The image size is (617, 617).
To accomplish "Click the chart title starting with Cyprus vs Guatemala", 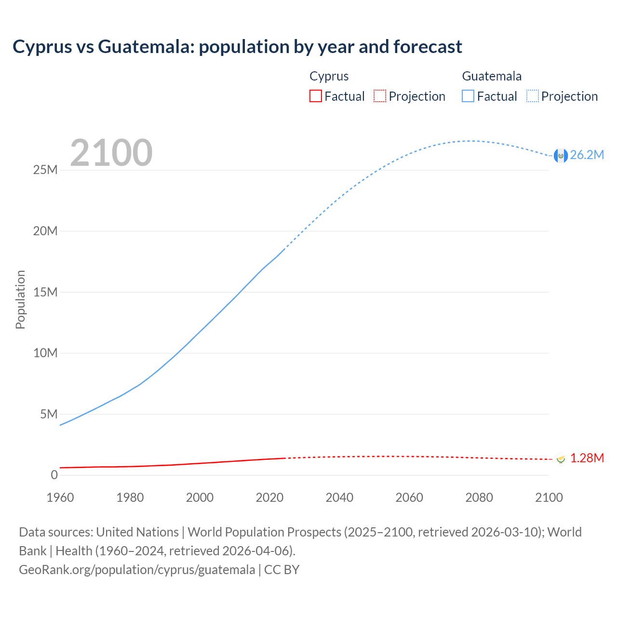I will coord(237,47).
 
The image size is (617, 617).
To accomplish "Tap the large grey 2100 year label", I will coord(111,153).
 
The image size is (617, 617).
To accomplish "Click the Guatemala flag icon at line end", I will coord(561,155).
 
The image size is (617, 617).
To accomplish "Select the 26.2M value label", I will coord(587,155).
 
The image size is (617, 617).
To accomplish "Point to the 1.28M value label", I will coord(587,458).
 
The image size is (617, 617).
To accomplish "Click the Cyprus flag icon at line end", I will coord(561,458).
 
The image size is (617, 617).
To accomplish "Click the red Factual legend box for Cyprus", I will coord(316,96).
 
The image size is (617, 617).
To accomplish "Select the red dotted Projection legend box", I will coord(380,96).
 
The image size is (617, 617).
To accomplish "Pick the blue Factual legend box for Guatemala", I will coord(468,96).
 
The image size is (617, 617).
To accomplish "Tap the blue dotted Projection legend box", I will coord(533,96).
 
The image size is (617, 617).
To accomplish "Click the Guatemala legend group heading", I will coord(492,76).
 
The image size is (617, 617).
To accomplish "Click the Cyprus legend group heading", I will coord(329,76).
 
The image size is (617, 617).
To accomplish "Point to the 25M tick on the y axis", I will coord(45,170).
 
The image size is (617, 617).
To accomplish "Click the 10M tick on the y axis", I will coord(45,353).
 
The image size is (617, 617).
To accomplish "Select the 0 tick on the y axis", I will coord(54,475).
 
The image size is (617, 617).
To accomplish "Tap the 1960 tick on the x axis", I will coord(60,497).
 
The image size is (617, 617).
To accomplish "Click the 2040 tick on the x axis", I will coord(339,497).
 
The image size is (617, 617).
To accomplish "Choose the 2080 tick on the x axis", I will coord(479,497).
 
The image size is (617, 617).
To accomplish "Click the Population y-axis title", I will coord(20,299).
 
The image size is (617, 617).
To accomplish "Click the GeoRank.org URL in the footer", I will coord(137,570).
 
